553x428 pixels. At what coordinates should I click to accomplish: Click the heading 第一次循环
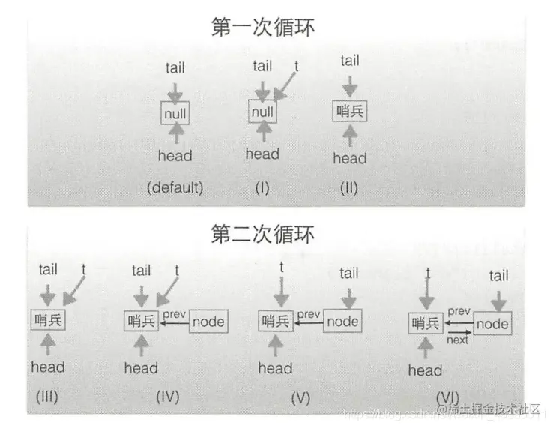263,28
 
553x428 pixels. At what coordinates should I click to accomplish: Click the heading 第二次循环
263,234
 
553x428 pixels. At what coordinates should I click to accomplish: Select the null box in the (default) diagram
175,114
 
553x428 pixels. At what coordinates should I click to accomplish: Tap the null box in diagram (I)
262,112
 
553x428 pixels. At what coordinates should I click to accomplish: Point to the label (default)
175,187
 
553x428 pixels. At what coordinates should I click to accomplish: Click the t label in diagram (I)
296,66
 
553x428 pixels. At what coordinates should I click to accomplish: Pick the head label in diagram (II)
350,158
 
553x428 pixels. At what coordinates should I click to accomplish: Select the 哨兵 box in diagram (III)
47,320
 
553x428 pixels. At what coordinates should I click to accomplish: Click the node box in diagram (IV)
208,322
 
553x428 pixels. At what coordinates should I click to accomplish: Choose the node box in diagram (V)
342,322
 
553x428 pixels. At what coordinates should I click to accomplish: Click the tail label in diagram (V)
349,274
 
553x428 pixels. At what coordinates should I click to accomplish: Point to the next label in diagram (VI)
457,340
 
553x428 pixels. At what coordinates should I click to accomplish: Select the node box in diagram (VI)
492,325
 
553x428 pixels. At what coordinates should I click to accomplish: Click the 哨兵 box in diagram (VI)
425,325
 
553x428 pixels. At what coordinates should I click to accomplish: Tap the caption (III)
46,396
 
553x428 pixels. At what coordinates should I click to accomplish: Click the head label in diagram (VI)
425,370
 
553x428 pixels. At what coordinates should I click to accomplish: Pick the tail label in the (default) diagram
175,68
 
